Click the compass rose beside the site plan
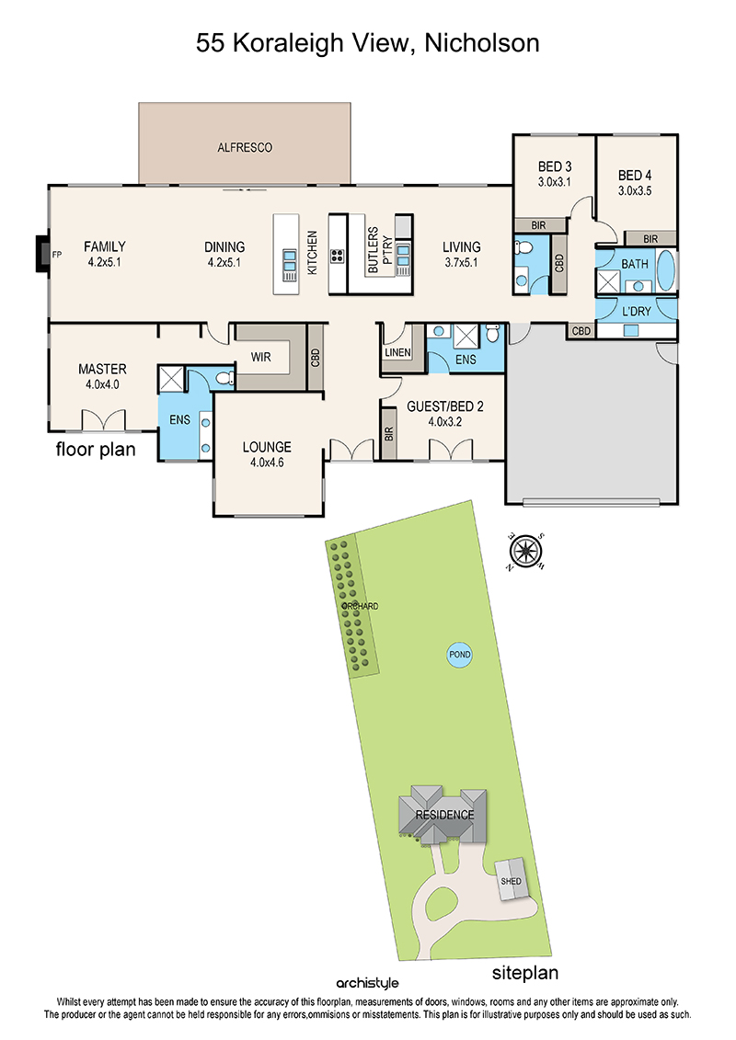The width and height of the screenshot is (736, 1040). click(525, 551)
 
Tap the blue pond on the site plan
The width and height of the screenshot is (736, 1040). click(460, 655)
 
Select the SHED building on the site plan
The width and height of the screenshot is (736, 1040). click(511, 879)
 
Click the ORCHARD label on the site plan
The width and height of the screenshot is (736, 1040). click(361, 606)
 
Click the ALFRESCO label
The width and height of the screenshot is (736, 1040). click(245, 147)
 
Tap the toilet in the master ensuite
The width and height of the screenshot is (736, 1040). click(225, 378)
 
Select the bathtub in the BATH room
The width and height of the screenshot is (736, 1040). click(666, 270)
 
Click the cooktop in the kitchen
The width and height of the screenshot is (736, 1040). click(337, 256)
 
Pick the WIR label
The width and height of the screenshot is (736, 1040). click(260, 357)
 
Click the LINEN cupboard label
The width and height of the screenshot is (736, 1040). click(397, 352)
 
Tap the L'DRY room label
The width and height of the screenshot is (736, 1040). click(637, 311)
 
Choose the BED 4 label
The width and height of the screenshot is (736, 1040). click(635, 175)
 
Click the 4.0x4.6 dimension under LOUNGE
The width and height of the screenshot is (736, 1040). click(267, 463)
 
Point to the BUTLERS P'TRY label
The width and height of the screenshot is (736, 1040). click(379, 250)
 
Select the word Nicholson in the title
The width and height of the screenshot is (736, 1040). click(482, 43)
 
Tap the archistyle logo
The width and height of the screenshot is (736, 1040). click(368, 983)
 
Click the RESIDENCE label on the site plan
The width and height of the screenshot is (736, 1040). click(444, 815)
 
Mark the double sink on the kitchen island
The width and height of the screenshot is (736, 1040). click(290, 265)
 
